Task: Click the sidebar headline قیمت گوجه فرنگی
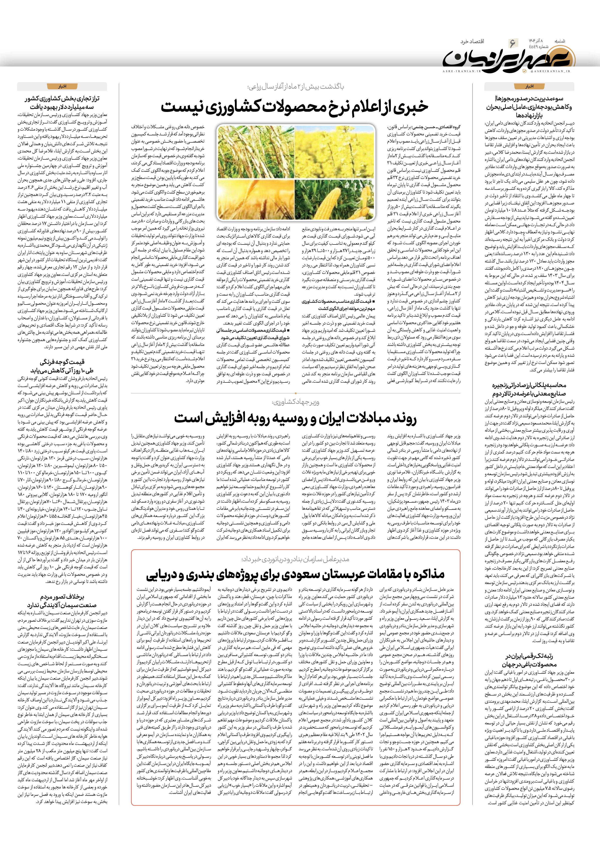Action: tap(62, 362)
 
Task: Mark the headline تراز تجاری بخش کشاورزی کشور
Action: tap(62, 99)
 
